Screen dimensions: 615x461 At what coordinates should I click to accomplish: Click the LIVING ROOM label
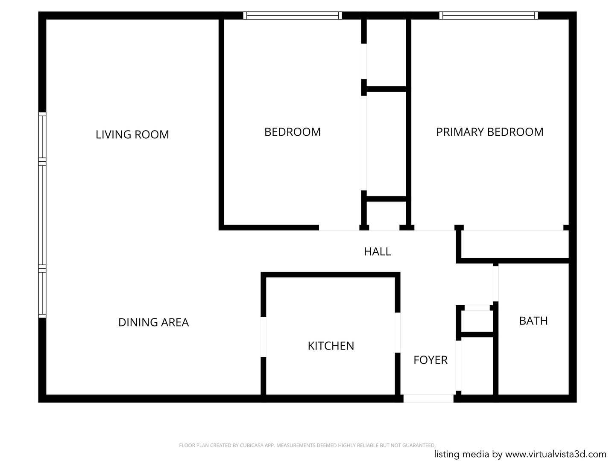coord(132,134)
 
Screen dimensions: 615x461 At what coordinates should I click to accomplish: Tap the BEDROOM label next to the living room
coord(293,132)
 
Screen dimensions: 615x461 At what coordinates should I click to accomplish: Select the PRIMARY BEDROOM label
coord(490,132)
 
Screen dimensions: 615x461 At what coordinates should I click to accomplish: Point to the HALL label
coord(378,252)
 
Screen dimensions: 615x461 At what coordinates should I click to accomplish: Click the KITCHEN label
coord(331,346)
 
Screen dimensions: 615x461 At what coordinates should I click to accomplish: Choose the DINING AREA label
coord(154,322)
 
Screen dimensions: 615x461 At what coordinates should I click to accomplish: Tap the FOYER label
coord(430,360)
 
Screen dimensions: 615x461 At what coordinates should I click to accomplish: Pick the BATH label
coord(533,321)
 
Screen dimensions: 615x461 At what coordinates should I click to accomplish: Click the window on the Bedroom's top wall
coord(293,15)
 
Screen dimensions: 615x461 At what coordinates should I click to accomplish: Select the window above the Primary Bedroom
coord(488,15)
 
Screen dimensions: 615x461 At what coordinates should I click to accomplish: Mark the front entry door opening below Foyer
coord(428,399)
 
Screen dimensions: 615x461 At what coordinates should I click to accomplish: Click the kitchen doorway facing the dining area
coord(264,337)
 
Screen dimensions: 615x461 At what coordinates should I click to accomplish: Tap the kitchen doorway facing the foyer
coord(398,333)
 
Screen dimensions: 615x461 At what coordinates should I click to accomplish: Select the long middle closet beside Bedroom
coord(386,144)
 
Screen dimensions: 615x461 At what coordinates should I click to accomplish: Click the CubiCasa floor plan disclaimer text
coord(307,445)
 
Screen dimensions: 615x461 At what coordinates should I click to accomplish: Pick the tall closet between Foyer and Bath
coord(477,366)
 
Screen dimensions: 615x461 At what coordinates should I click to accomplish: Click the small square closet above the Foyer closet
coord(477,321)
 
